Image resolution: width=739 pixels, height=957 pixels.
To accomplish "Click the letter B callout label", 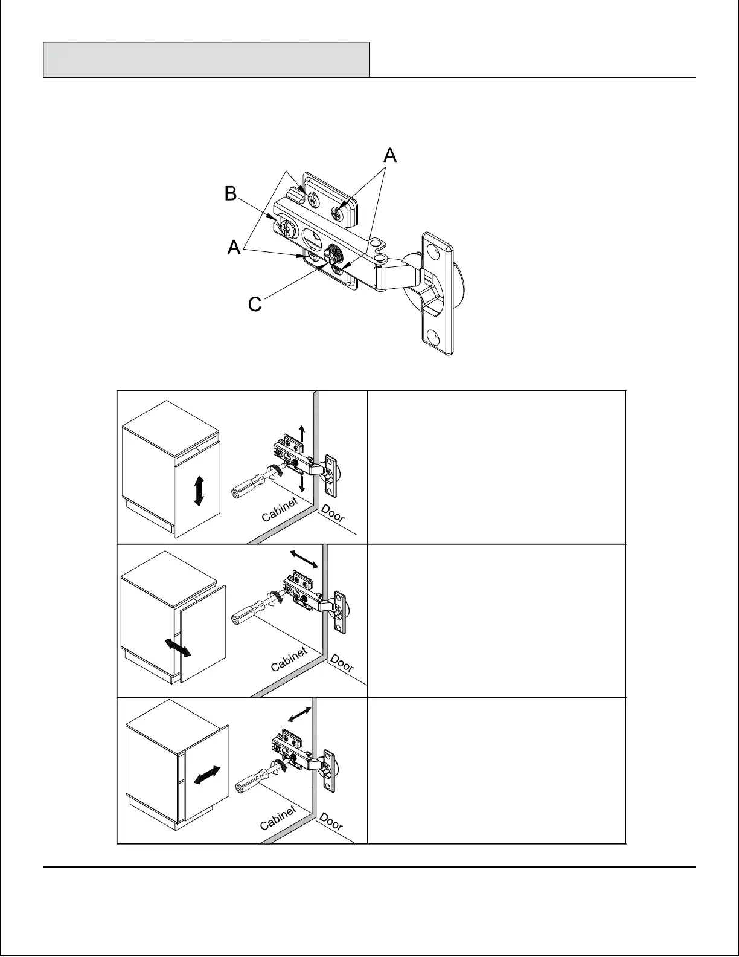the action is pos(231,193).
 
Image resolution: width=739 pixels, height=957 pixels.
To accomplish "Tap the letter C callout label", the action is pos(255,304).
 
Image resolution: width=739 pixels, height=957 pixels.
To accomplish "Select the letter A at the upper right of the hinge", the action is pos(391,155).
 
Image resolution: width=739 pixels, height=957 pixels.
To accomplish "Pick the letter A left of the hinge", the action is pos(234,248).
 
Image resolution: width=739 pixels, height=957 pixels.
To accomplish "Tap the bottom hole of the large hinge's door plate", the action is pos(435,334).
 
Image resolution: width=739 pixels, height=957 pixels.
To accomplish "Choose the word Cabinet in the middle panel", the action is pos(289,659).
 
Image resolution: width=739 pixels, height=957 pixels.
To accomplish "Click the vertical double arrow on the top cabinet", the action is pos(199,491).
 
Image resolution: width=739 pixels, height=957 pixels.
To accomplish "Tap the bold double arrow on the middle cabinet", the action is pos(179,647).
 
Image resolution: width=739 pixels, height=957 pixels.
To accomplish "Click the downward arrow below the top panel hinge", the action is pos(302,483).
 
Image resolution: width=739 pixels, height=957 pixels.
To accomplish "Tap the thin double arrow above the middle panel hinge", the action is pos(304,559).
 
